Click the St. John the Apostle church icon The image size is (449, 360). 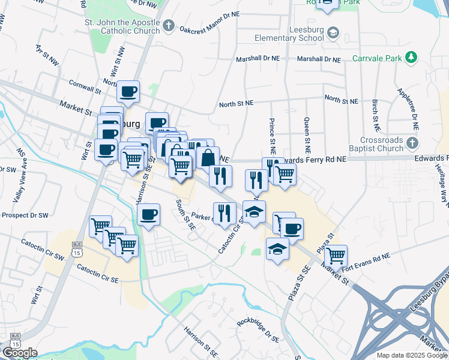pos(169,26)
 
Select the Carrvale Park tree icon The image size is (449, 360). pos(411,57)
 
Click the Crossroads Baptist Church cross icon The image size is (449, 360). pos(411,143)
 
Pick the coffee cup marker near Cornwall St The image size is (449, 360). pos(128,92)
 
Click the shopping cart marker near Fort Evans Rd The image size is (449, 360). pos(336,256)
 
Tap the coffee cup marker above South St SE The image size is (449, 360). pos(148,214)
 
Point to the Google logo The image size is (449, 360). pos(20,353)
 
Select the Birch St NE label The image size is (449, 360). pos(375,116)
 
